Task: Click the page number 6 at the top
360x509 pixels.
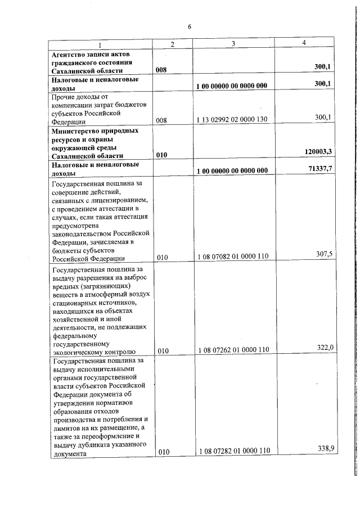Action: (190, 26)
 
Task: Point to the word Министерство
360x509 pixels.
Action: (77, 130)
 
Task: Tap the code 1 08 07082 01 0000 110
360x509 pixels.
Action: (232, 256)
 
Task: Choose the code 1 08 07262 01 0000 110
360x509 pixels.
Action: (232, 350)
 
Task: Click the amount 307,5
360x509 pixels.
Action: (325, 254)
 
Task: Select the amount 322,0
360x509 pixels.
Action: (325, 348)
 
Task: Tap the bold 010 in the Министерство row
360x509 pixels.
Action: (163, 154)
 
